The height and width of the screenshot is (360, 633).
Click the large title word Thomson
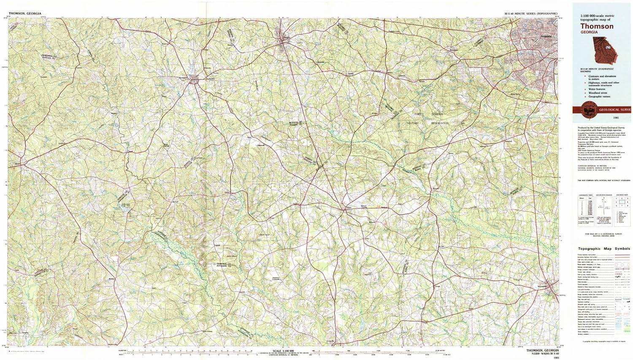pos(597,26)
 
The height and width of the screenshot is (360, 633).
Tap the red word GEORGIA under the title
pos(589,32)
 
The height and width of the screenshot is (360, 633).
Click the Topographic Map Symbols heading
pos(604,249)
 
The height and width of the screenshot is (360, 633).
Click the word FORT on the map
pos(418,114)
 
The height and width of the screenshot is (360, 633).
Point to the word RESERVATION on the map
pos(439,123)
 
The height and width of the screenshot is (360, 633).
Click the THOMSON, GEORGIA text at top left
pos(25,14)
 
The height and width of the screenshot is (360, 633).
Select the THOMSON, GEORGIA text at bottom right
pos(543,350)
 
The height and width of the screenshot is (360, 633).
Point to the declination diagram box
pos(604,210)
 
